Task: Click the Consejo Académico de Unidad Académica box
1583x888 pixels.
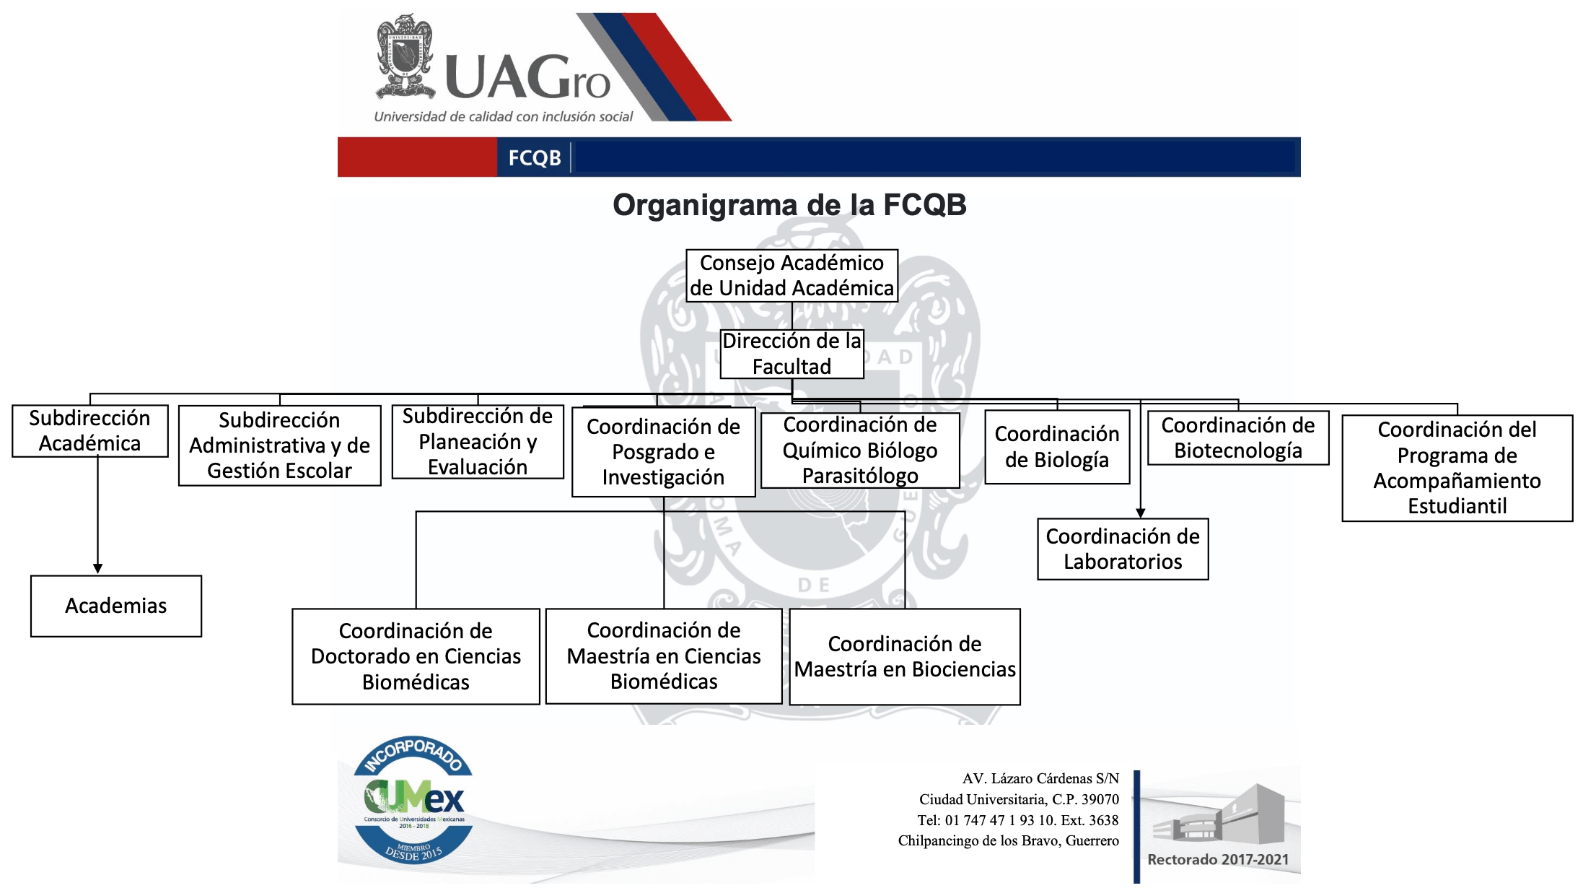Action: coord(792,276)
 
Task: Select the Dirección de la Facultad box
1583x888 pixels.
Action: coord(792,354)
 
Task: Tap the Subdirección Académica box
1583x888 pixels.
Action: coord(90,431)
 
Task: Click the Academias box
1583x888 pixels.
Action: coord(116,606)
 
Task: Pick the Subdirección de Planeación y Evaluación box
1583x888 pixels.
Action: coord(478,442)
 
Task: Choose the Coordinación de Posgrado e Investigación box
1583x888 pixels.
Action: coord(663,452)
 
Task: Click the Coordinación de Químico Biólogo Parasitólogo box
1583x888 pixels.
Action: coord(860,450)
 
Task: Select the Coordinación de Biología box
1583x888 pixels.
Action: coord(1057,447)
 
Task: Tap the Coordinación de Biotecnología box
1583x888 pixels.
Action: coord(1238,438)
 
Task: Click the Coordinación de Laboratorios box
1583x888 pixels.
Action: coord(1123,549)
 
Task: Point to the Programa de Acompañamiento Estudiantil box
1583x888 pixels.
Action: coord(1457,468)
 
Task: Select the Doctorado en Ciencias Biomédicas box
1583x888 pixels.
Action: coord(416,656)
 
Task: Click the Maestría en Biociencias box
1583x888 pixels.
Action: coord(905,656)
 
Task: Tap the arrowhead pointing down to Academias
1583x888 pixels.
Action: coord(98,569)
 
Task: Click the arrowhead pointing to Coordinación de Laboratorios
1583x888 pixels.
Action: coord(1141,513)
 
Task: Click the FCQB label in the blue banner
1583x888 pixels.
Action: coord(535,158)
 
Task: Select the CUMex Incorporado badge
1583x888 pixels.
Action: coord(413,800)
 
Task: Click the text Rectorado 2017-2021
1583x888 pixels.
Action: coord(1218,860)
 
